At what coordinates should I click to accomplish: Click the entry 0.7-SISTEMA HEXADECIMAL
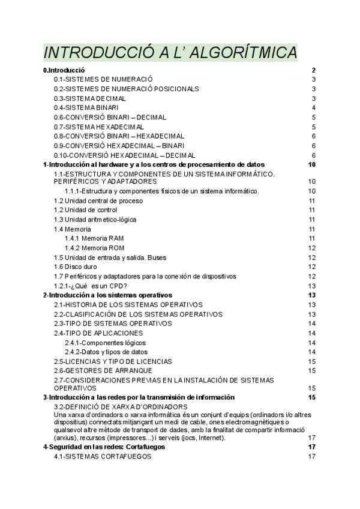(x=98, y=127)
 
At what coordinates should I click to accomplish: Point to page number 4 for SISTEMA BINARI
(x=314, y=107)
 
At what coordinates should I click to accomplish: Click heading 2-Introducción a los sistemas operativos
(x=107, y=295)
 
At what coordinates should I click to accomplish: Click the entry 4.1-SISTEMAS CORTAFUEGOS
(x=103, y=457)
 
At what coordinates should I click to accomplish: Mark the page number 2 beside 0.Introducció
(x=314, y=70)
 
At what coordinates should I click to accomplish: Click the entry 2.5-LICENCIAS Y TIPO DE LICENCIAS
(x=112, y=361)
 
